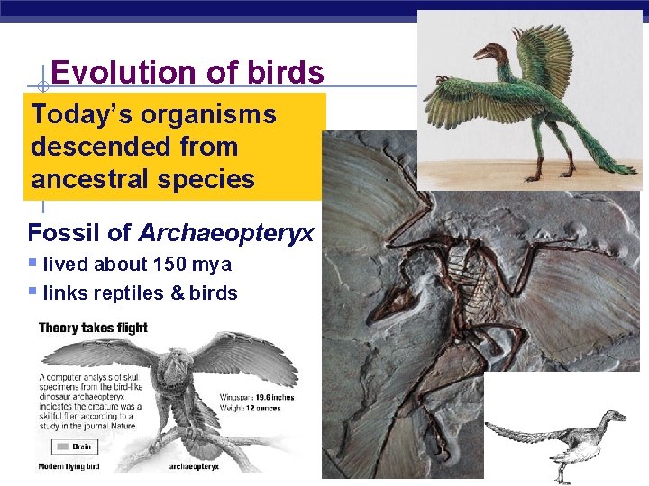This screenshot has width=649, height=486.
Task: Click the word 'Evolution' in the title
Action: (x=107, y=72)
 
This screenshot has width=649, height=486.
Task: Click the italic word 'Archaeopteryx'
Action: (x=226, y=233)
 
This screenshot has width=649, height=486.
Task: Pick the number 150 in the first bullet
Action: (x=166, y=265)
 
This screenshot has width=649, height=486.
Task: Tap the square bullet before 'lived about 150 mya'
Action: (x=32, y=264)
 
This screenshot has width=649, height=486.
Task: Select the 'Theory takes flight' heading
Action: (x=93, y=328)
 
